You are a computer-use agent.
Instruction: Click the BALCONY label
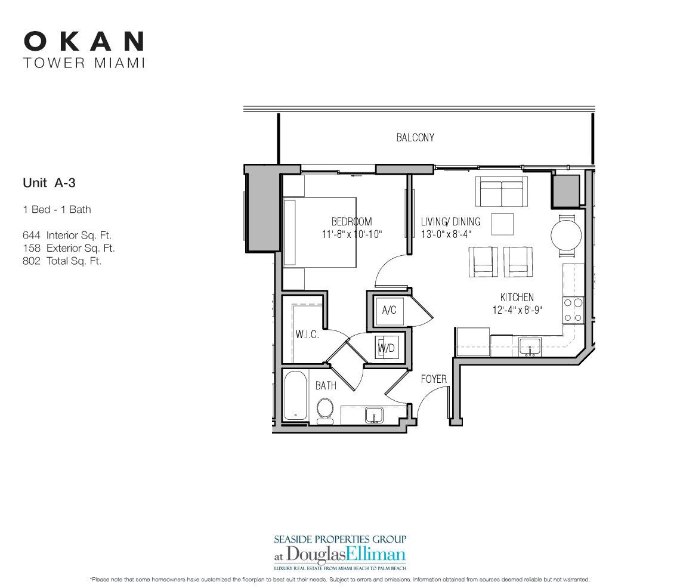pos(415,138)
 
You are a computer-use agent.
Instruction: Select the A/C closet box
pos(389,310)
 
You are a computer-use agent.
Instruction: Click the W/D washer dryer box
pos(385,348)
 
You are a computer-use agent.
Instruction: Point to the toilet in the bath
pos(325,410)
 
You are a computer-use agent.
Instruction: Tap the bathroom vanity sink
pos(374,414)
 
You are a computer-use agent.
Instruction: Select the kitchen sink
pos(528,346)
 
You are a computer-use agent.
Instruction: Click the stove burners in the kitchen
pos(573,310)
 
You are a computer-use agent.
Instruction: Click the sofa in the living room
pos(501,191)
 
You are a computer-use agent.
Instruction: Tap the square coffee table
pos(502,225)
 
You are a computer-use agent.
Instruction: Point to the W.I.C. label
pos(307,335)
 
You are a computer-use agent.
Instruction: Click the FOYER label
pos(434,379)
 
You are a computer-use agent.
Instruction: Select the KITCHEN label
pos(517,297)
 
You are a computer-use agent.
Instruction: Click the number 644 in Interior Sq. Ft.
pos(31,236)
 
